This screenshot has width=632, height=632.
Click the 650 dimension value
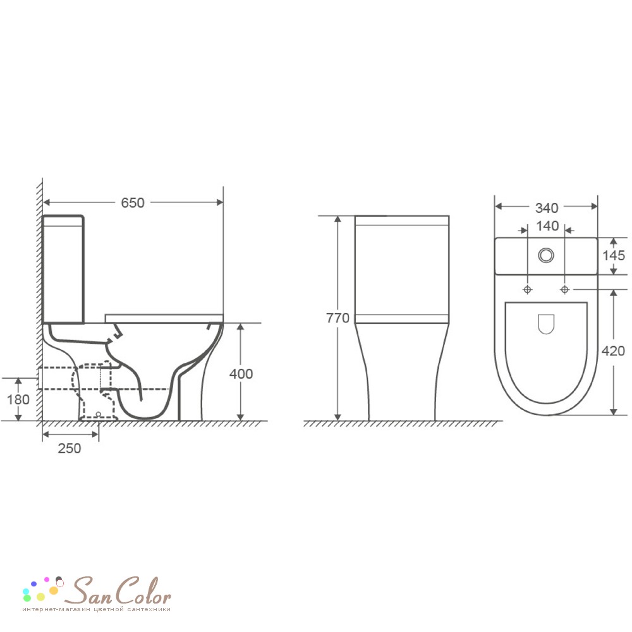click(133, 203)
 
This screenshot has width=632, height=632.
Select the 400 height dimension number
click(241, 374)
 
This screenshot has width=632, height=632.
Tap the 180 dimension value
click(18, 400)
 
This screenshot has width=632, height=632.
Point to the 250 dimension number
click(70, 448)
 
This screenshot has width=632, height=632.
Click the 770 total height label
click(337, 318)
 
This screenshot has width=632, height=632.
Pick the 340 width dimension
click(547, 208)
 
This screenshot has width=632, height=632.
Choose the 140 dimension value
click(547, 226)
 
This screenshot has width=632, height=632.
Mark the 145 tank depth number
click(614, 255)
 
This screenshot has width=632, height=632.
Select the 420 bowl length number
click(613, 351)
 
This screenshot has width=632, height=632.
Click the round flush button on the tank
click(546, 255)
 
